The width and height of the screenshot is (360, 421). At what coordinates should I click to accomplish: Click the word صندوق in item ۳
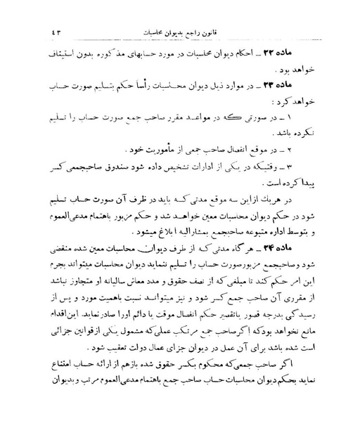(129, 167)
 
